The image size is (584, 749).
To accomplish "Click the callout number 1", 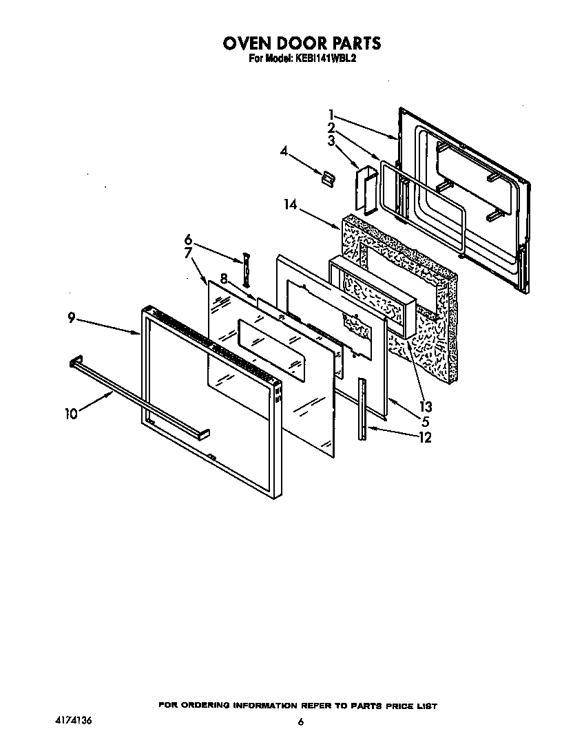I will point(331,114).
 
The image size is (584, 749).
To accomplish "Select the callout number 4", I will point(283,151).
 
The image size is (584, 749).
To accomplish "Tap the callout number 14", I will point(290,204).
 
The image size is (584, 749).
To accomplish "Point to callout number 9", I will point(72,319).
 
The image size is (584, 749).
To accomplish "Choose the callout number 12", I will point(424,437).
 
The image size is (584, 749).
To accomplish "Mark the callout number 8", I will point(223,278).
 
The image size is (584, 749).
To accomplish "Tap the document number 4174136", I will point(73,720).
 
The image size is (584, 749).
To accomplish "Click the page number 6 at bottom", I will point(300,722).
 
